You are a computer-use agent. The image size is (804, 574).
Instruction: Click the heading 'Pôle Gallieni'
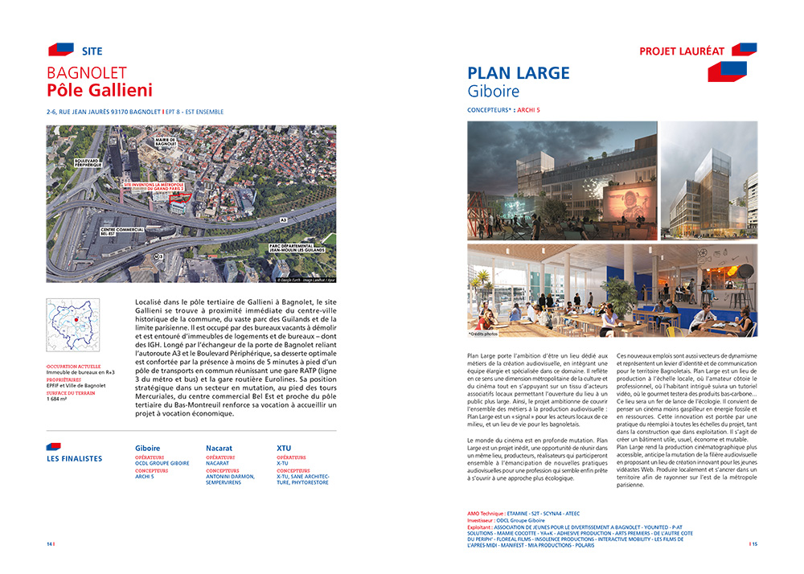pyautogui.click(x=99, y=90)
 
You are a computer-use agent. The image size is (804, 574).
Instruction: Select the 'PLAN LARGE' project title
pyautogui.click(x=518, y=74)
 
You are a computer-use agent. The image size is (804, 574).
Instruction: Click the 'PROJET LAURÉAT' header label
pyautogui.click(x=681, y=51)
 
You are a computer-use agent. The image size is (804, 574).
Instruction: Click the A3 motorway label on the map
pyautogui.click(x=284, y=218)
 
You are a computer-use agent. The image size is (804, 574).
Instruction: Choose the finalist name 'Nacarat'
pyautogui.click(x=219, y=448)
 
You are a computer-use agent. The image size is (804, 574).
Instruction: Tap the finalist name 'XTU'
pyautogui.click(x=285, y=448)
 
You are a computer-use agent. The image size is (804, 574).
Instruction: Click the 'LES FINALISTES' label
pyautogui.click(x=75, y=459)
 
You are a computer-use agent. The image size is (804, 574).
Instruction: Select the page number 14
pyautogui.click(x=49, y=543)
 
